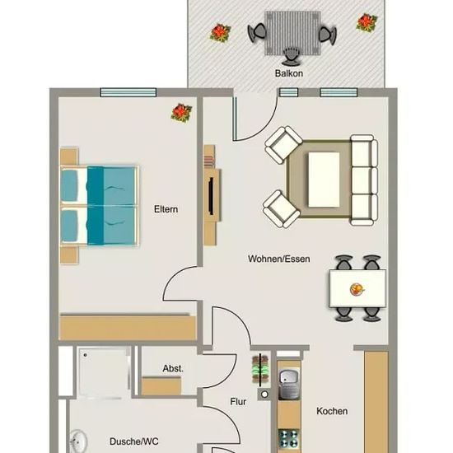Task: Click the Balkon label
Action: (x=289, y=73)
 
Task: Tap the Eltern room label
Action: (x=166, y=209)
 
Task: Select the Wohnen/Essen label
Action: (x=278, y=259)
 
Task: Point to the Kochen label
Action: (x=332, y=411)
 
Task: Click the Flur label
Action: (x=238, y=402)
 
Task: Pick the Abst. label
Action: (x=173, y=368)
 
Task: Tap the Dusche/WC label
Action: (x=134, y=441)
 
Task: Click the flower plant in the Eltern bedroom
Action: (x=181, y=113)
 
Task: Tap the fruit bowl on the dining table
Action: (x=357, y=289)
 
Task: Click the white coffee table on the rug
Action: (x=324, y=180)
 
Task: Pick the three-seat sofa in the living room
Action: (x=364, y=180)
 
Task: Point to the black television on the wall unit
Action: (x=211, y=196)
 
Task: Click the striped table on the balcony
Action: (x=292, y=33)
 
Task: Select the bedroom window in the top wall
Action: (x=128, y=92)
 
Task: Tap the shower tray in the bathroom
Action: (x=103, y=372)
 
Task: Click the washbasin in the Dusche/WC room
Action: (x=77, y=442)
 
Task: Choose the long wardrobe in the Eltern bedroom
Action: (x=128, y=327)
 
